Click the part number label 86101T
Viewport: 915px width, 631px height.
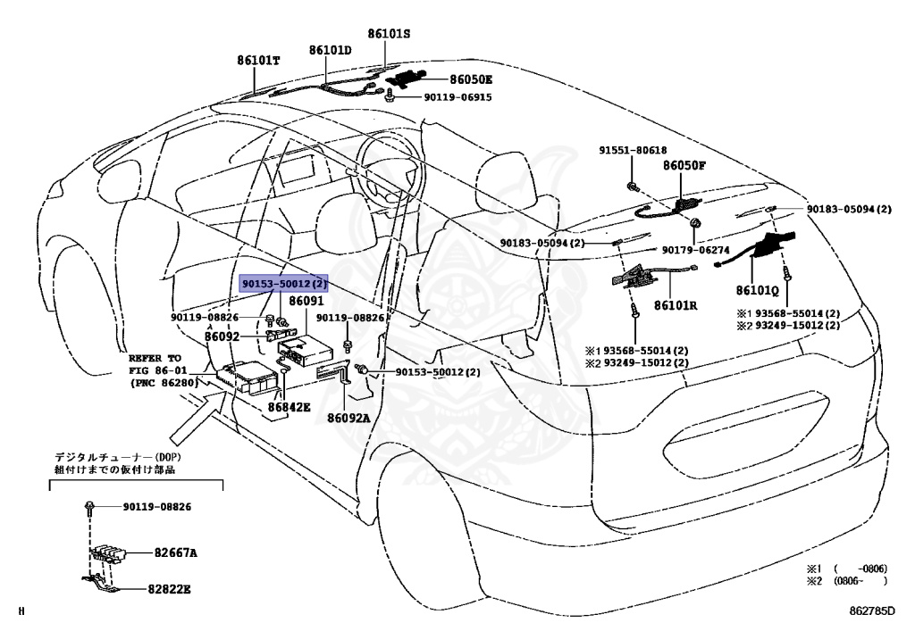(258, 60)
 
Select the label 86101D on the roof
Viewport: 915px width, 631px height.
(331, 50)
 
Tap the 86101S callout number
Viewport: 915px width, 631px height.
(389, 34)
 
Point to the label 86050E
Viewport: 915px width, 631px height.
(471, 79)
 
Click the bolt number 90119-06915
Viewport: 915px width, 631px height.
(457, 97)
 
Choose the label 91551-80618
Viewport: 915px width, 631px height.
(633, 150)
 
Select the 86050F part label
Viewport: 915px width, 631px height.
(684, 165)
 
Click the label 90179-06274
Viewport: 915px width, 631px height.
(695, 250)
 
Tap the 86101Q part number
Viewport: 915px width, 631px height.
(758, 291)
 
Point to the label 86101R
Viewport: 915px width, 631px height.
(676, 305)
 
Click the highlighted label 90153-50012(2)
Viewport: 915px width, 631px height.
(284, 284)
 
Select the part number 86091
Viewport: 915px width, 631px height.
(306, 302)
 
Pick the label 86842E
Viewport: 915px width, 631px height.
(290, 407)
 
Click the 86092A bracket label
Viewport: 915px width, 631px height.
(348, 418)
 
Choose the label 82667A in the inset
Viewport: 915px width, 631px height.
(176, 552)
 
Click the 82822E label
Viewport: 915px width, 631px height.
(169, 589)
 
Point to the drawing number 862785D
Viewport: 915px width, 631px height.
(871, 611)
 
